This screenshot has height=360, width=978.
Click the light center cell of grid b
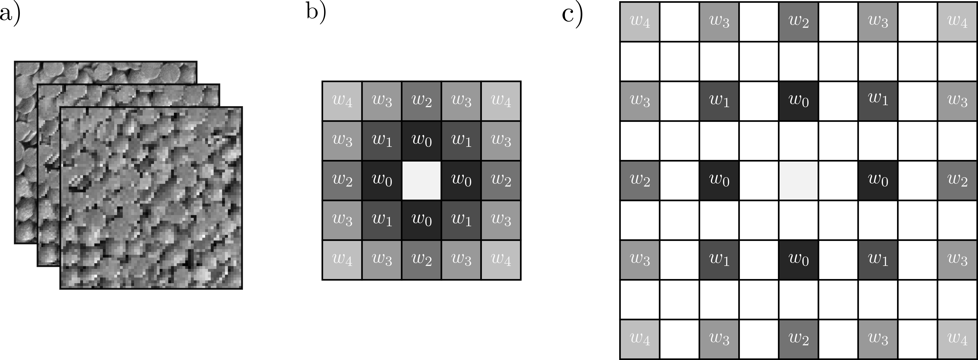tap(421, 180)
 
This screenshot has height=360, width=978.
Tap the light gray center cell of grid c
tap(798, 180)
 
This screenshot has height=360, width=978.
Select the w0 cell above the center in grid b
tap(421, 140)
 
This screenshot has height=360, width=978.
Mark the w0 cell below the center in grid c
tap(798, 260)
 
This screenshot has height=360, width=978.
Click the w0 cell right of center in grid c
tap(878, 180)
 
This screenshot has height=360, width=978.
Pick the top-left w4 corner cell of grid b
tap(342, 101)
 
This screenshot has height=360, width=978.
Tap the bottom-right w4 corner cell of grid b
tap(501, 260)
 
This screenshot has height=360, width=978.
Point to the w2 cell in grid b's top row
tap(421, 101)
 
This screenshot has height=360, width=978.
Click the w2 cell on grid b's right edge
tap(501, 180)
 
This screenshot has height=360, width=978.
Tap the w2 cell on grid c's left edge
tap(640, 180)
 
